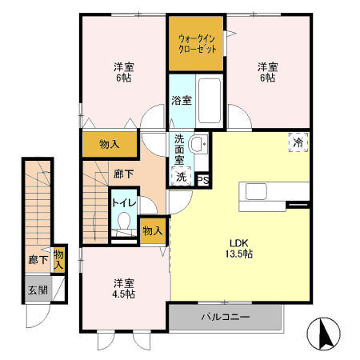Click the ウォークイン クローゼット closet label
[196, 42]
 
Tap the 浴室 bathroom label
[181, 101]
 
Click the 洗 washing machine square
[182, 177]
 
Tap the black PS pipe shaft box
[203, 180]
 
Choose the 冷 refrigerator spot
[298, 144]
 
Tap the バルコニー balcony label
[226, 317]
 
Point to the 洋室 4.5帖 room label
[123, 289]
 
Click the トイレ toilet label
[123, 203]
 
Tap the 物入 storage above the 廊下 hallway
[110, 145]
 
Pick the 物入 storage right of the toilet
[152, 230]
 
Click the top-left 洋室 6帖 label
[124, 74]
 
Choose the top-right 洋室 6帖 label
[267, 74]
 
